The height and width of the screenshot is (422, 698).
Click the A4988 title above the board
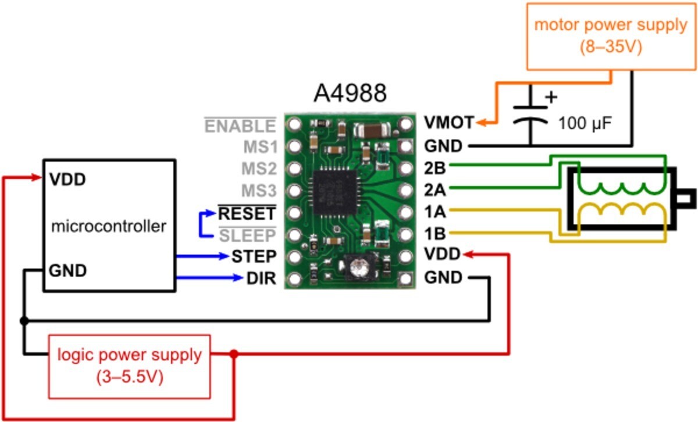tap(350, 93)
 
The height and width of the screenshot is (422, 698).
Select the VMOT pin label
tap(449, 123)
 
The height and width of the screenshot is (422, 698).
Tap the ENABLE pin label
tap(240, 126)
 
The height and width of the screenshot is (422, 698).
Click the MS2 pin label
tap(259, 169)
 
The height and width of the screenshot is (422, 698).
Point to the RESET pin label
tap(247, 213)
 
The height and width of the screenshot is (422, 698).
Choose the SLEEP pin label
tap(247, 235)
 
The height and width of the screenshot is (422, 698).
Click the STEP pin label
tap(254, 256)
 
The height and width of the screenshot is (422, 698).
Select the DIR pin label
tap(261, 278)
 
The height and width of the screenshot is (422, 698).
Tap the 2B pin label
tap(435, 168)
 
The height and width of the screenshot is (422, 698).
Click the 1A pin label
tap(435, 212)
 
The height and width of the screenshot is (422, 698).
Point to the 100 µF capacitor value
tap(585, 123)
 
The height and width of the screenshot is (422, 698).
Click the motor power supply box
tap(611, 37)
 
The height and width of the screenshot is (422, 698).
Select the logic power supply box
tap(129, 367)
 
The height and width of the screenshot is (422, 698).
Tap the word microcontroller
tap(108, 226)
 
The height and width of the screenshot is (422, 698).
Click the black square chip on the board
tap(335, 192)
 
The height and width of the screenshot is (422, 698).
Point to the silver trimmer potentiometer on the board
tap(359, 268)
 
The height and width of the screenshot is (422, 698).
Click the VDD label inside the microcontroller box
tap(67, 180)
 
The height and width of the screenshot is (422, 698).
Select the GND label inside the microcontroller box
tap(67, 270)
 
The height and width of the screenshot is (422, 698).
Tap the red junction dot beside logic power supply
tap(234, 354)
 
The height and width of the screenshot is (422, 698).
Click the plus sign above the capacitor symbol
tap(551, 97)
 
